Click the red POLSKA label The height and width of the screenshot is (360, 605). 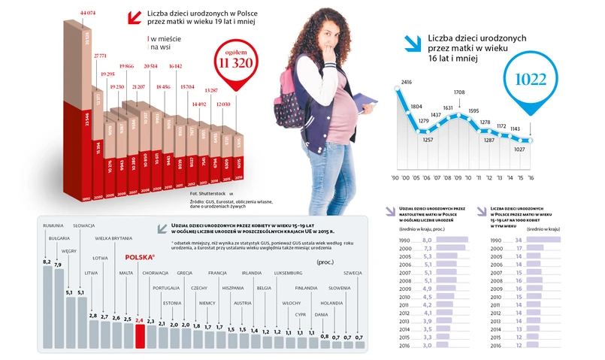[x=140, y=256]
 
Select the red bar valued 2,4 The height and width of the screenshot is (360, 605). [x=139, y=337]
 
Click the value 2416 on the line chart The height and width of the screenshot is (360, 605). [x=407, y=81]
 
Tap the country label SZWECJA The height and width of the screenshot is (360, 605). [x=352, y=273]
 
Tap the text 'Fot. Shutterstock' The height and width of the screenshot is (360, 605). [x=208, y=195]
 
